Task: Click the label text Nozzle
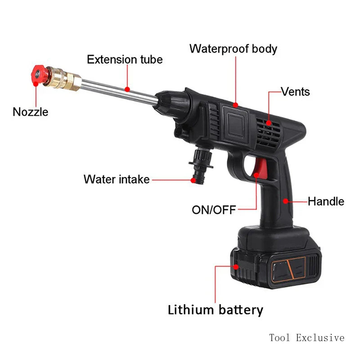pyautogui.click(x=30, y=112)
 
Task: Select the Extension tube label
pyautogui.click(x=125, y=59)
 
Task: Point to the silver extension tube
pyautogui.click(x=119, y=90)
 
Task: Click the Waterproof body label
pyautogui.click(x=233, y=49)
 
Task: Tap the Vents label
pyautogui.click(x=295, y=92)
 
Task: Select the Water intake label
pyautogui.click(x=116, y=179)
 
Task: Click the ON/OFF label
pyautogui.click(x=214, y=210)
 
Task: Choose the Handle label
pyautogui.click(x=326, y=201)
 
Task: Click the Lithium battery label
pyautogui.click(x=215, y=310)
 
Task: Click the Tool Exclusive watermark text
pyautogui.click(x=306, y=337)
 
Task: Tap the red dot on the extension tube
pyautogui.click(x=127, y=90)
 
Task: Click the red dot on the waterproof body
pyautogui.click(x=235, y=104)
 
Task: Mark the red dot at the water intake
pyautogui.click(x=193, y=180)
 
